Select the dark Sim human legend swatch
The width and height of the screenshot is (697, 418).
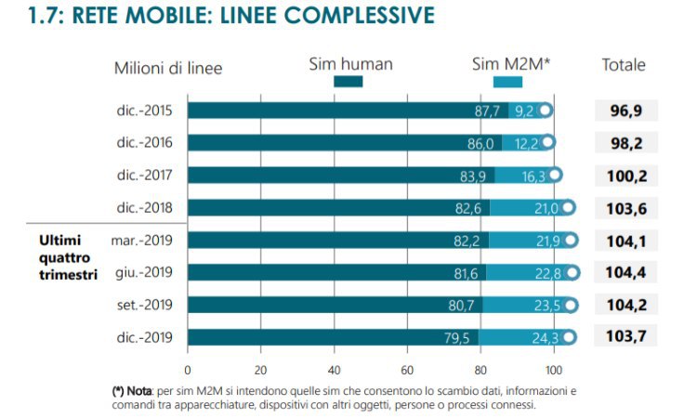pyautogui.click(x=348, y=82)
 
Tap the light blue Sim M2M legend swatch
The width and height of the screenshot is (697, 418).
pyautogui.click(x=507, y=82)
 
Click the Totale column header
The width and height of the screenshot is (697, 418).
pyautogui.click(x=624, y=66)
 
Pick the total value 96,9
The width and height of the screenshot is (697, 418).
pyautogui.click(x=625, y=111)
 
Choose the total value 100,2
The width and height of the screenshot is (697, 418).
pyautogui.click(x=625, y=176)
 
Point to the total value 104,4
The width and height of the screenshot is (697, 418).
pyautogui.click(x=625, y=272)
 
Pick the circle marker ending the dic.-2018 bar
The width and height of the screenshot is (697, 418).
pyautogui.click(x=568, y=208)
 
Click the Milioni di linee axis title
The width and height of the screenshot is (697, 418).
pyautogui.click(x=168, y=67)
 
